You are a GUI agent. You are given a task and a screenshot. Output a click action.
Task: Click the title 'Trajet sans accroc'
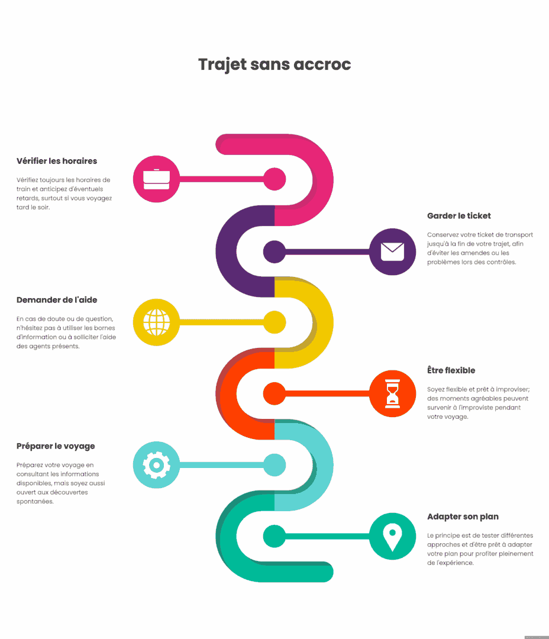point(274,64)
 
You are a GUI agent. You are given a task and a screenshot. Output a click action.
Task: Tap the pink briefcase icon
point(156,179)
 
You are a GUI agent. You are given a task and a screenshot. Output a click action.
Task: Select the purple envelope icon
point(392,251)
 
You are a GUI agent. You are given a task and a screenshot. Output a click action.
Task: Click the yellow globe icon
point(156,322)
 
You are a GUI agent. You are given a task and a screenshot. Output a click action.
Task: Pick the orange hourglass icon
point(392,393)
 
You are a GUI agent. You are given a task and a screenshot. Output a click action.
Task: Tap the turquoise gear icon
point(156,465)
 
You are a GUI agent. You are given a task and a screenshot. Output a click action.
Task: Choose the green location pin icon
point(392,536)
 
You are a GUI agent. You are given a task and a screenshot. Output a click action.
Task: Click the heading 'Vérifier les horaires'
point(57,161)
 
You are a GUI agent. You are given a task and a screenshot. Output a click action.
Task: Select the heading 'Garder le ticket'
point(459,216)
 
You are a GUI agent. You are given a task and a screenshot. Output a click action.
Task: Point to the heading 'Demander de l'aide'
point(57,300)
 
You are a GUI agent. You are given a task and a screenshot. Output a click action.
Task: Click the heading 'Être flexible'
point(451,370)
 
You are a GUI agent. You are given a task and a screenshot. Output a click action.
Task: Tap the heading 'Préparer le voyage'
point(56,446)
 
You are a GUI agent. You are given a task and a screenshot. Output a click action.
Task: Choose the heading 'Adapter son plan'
point(463,517)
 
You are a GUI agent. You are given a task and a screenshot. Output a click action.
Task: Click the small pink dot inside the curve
point(274,179)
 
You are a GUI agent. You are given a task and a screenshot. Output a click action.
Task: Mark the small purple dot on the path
point(274,251)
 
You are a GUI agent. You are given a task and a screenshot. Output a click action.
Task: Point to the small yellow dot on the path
point(274,322)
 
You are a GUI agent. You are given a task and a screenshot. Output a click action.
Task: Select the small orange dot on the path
point(274,393)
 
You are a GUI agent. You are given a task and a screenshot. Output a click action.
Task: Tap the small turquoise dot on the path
point(274,465)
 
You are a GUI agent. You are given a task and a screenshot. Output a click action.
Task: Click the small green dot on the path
point(274,536)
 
